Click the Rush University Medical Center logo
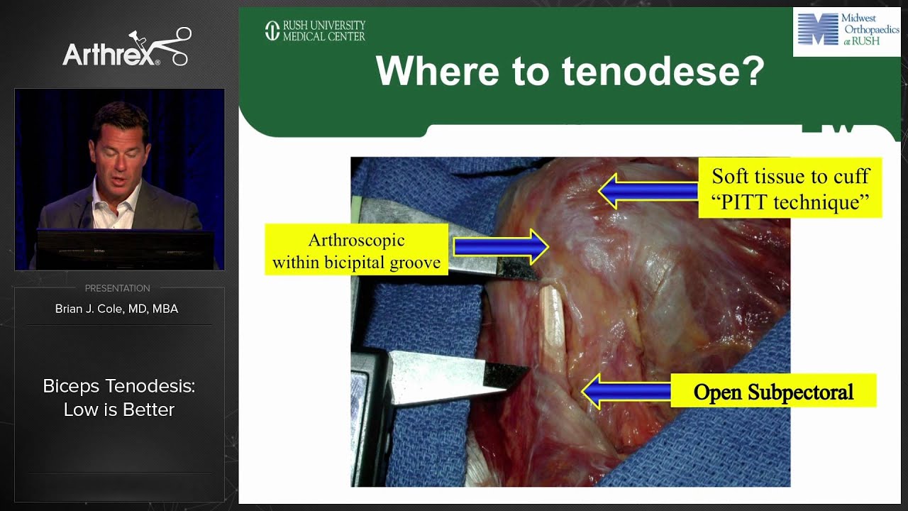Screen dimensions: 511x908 click(315, 31)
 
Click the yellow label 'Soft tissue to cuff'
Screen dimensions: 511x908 click(790, 177)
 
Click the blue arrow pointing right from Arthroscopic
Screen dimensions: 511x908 click(501, 246)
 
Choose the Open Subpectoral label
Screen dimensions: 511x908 click(773, 392)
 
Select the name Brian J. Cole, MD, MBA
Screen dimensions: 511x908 click(117, 309)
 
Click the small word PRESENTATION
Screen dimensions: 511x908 click(117, 288)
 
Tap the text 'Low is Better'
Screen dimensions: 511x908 click(119, 410)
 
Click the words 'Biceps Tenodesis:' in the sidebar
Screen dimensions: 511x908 click(119, 386)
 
